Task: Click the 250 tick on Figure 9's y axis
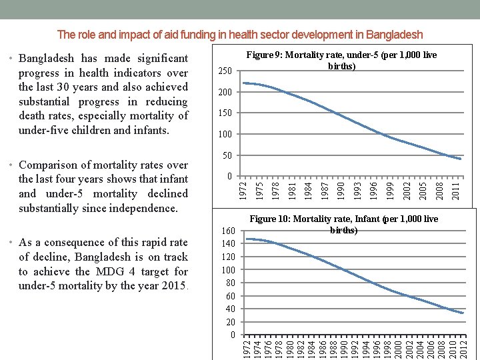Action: click(225, 71)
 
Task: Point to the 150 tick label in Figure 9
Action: click(225, 113)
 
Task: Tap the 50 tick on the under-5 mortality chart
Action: click(227, 156)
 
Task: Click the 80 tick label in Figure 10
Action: click(229, 283)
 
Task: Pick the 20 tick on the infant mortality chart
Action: click(229, 321)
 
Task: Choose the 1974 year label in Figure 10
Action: click(257, 347)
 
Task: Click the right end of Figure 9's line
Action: click(460, 159)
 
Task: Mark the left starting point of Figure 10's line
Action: click(247, 239)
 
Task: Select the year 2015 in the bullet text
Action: click(175, 286)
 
